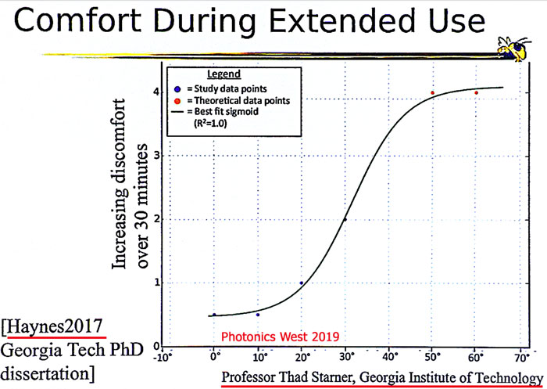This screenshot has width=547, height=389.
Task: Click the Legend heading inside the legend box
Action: coord(224,74)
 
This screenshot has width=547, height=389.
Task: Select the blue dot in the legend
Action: coord(178,89)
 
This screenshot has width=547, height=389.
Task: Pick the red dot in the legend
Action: coord(178,101)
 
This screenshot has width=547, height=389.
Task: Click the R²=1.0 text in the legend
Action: coord(210,124)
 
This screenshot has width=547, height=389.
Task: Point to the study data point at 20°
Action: coord(302,283)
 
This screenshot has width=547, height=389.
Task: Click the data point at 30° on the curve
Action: coord(345,219)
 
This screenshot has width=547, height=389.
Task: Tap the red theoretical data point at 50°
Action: coord(433,92)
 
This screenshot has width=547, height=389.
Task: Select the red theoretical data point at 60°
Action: coord(476,92)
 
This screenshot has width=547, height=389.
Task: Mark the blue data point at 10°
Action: coord(258,315)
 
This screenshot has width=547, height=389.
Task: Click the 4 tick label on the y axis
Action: coord(156,92)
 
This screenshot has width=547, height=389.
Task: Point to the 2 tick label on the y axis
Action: coord(156,219)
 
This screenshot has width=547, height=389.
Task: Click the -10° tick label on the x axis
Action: coord(163,357)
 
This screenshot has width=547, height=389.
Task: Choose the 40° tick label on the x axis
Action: coord(390,357)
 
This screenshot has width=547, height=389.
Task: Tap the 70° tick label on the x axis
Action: coord(521,357)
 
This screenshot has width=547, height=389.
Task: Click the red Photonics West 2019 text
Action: coord(280,337)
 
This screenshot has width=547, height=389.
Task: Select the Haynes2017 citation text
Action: coord(55,327)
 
